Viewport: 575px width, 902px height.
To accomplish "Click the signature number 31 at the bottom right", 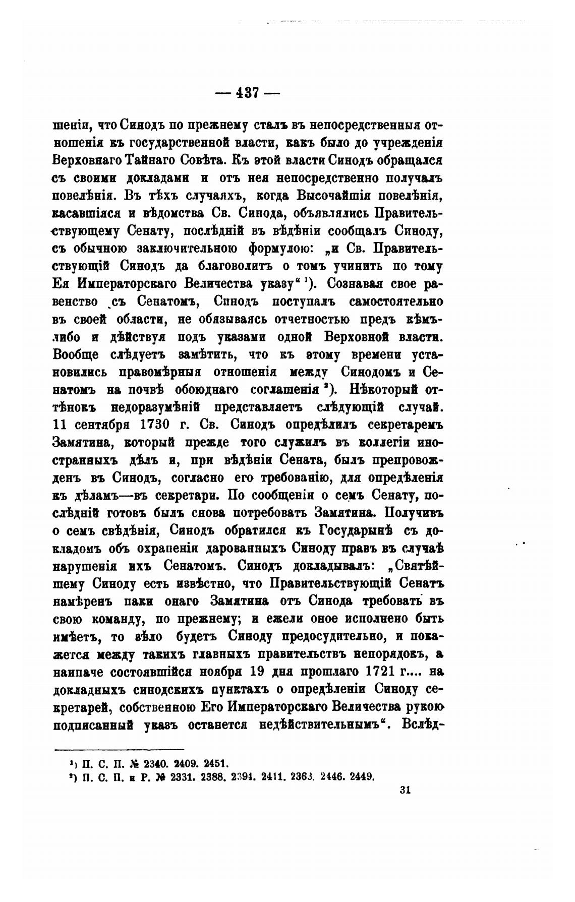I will [405, 790].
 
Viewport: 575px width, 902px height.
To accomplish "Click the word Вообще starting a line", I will [83, 354].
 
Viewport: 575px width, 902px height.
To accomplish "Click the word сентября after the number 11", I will [97, 425].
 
